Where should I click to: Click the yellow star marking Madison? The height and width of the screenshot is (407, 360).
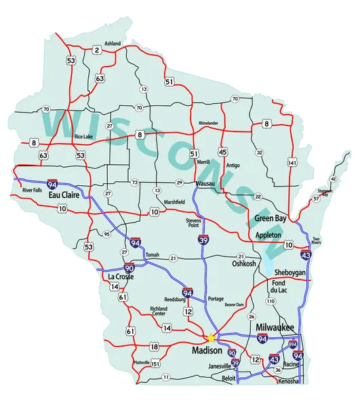pos(211,337)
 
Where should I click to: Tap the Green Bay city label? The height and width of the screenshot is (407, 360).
pos(271,218)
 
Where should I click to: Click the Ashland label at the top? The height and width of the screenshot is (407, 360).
pos(113,43)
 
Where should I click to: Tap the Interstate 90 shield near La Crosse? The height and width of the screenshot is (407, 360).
pos(129,269)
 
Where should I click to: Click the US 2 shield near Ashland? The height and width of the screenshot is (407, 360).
pos(97,50)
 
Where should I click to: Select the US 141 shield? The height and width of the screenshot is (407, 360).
pos(292,163)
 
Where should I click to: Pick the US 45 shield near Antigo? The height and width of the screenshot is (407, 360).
pos(223,152)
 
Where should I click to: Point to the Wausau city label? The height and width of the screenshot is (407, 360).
pos(204,184)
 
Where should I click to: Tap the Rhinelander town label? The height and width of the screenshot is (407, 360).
pos(208,123)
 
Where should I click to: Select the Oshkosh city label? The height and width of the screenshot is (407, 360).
pos(244,264)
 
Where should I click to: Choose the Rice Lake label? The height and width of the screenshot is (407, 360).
pos(84,136)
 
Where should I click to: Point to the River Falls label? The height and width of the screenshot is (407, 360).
pos(33,191)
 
